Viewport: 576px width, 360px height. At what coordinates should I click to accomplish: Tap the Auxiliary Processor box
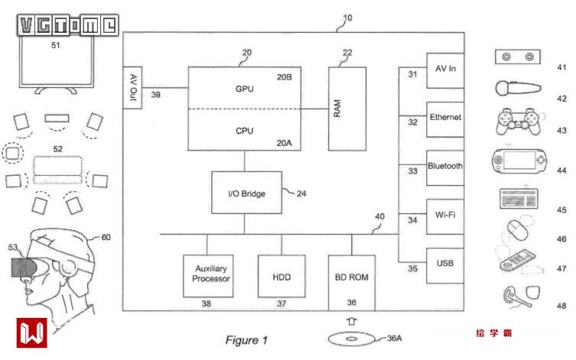pyautogui.click(x=207, y=275)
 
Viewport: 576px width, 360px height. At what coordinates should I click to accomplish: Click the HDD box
pyautogui.click(x=281, y=275)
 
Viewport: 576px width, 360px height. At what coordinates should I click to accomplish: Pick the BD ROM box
pyautogui.click(x=352, y=275)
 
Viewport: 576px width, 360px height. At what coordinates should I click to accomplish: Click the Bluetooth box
pyautogui.click(x=444, y=167)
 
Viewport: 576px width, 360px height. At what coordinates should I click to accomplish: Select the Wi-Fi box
pyautogui.click(x=444, y=216)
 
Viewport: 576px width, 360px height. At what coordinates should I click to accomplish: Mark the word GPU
pyautogui.click(x=245, y=89)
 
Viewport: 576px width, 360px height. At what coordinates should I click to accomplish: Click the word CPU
pyautogui.click(x=245, y=130)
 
